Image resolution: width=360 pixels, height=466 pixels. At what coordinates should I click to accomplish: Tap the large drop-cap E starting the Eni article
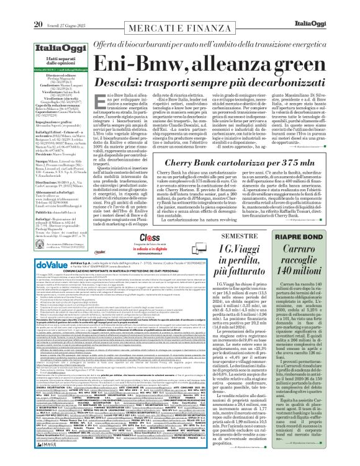tap(96, 89)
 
